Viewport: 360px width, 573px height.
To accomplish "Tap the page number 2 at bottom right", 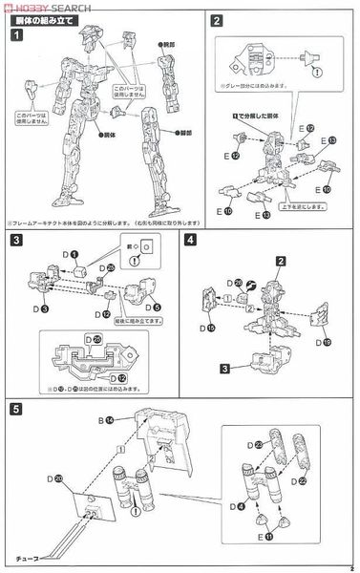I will click(351, 566).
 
